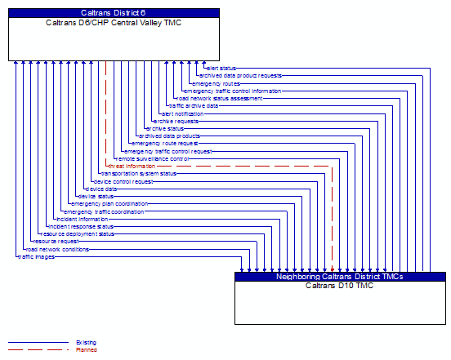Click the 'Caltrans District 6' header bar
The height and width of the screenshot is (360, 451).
[x=114, y=13]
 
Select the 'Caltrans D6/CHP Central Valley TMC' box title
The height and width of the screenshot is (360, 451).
[x=114, y=22]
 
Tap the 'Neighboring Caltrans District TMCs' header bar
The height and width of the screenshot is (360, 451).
[x=341, y=277]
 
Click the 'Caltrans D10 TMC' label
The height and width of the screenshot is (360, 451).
[x=341, y=286]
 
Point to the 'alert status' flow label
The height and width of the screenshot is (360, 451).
[x=221, y=68]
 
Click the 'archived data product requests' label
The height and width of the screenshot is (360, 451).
[x=240, y=75]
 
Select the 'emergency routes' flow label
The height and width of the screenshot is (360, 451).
[x=216, y=83]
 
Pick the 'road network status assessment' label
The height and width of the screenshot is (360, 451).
[x=219, y=98]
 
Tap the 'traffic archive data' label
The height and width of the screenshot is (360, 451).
[x=193, y=105]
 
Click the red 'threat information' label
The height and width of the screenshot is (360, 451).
[x=132, y=166]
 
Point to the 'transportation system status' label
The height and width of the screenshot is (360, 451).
[x=138, y=173]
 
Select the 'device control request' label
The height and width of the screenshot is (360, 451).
[x=123, y=181]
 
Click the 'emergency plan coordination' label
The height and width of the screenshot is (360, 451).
[x=109, y=203]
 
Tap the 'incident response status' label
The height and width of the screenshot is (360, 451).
[x=81, y=226]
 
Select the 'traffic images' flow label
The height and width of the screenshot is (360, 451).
[x=36, y=256]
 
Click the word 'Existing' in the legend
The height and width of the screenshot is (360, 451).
[x=86, y=343]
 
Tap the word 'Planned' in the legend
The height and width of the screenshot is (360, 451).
[x=86, y=350]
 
